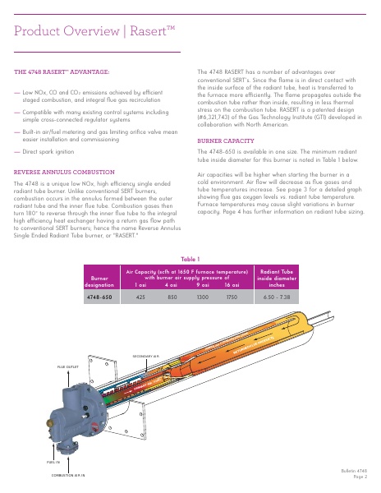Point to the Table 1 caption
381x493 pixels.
190,259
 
